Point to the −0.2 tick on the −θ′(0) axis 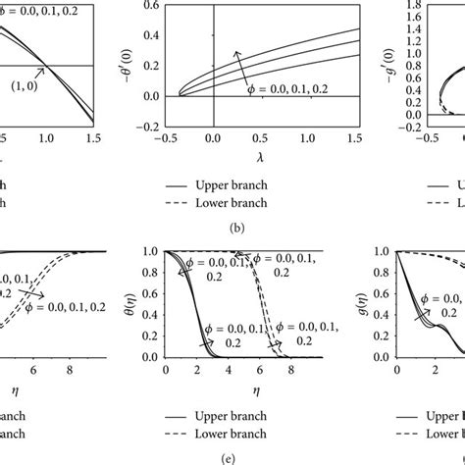(151, 126)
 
